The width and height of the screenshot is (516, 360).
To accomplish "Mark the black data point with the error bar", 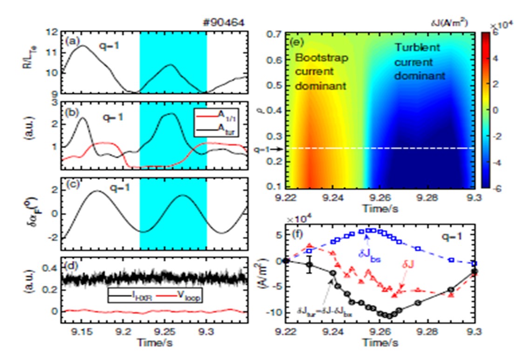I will (x=309, y=265).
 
